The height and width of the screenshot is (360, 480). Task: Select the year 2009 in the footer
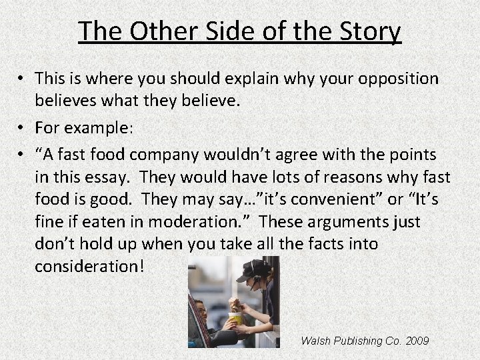tap(417, 341)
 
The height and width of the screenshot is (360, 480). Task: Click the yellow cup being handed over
tap(234, 319)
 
